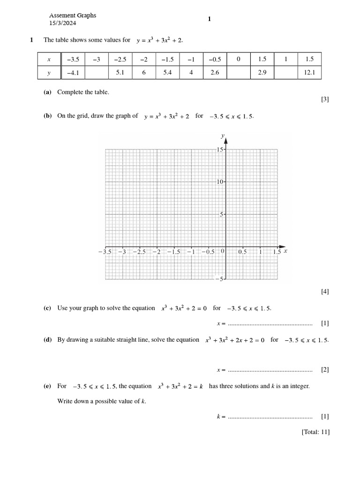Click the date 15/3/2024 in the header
coord(62,23)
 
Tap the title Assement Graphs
coord(73,15)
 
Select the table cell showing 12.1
coord(309,73)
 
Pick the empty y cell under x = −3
coord(97,73)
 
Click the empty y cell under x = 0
coord(238,73)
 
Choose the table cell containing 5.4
coord(167,73)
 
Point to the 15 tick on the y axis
coord(220,150)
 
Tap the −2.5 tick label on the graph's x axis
coord(139,252)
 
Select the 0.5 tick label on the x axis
coord(242,252)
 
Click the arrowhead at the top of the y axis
coord(226,139)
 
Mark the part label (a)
coord(47,92)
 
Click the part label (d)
coord(47,340)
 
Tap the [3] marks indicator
coord(325,99)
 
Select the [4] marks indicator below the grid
coord(325,292)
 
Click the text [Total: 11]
coord(315,432)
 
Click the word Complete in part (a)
coord(69,92)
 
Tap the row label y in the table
coord(49,73)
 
